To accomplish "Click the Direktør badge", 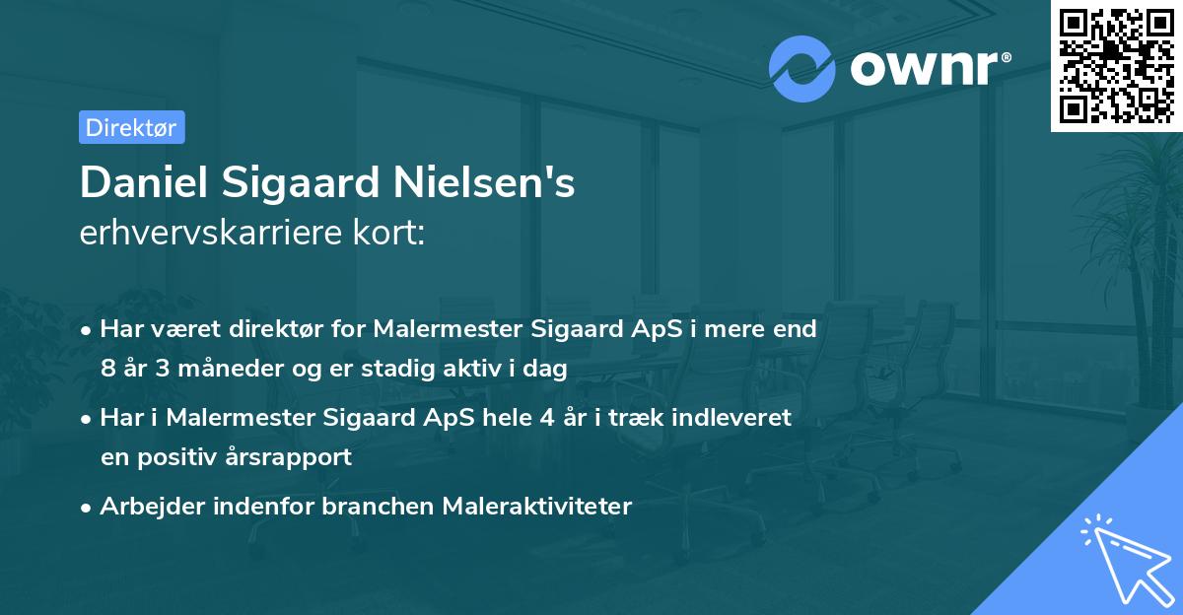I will (x=131, y=127).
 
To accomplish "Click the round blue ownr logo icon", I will (x=801, y=68).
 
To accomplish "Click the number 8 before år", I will (x=107, y=370).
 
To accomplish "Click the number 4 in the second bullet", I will (x=547, y=418).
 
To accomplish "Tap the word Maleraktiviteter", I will (x=536, y=507).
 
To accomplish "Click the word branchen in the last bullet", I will (x=384, y=507).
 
